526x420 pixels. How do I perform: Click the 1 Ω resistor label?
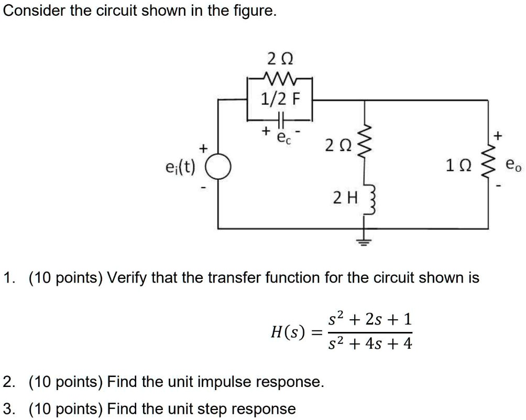(x=456, y=167)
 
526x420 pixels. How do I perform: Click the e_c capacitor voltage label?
(x=282, y=138)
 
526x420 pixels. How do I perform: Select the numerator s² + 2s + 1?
(x=370, y=319)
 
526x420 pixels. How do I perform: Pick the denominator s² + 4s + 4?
(x=370, y=344)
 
